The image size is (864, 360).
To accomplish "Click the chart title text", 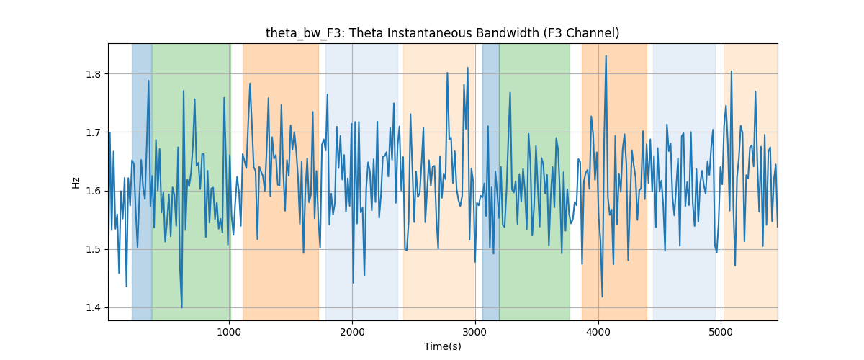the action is tap(442, 33).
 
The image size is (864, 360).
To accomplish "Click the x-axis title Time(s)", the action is tap(442, 346).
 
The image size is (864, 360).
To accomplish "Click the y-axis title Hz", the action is tap(76, 182).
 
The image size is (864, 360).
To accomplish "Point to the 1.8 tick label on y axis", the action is tap(93, 74).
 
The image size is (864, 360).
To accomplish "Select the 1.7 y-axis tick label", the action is tap(93, 132).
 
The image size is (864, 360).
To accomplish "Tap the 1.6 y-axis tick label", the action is tap(93, 191).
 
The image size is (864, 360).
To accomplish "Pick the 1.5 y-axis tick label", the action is tap(93, 249).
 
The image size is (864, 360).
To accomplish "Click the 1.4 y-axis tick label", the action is tap(93, 308).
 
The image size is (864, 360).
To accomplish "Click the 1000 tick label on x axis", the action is tap(229, 332).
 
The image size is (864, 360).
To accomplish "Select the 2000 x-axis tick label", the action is tap(352, 332).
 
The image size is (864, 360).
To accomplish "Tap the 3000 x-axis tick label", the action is tap(475, 332).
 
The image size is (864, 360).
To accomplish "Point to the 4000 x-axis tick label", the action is tap(598, 332).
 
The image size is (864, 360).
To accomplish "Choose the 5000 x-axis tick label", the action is tap(721, 332).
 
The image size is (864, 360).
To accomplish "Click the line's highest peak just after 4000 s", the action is tap(606, 56).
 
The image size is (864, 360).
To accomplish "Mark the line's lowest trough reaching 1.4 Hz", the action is tap(181, 307).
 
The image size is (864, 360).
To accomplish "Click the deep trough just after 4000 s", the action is tap(602, 297).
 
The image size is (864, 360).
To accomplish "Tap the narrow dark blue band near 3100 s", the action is tap(490, 181).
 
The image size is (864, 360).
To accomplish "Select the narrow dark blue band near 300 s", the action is tap(142, 181).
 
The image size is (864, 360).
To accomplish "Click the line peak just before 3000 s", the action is tap(467, 68).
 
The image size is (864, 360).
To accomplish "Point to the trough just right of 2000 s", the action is tap(354, 283).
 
